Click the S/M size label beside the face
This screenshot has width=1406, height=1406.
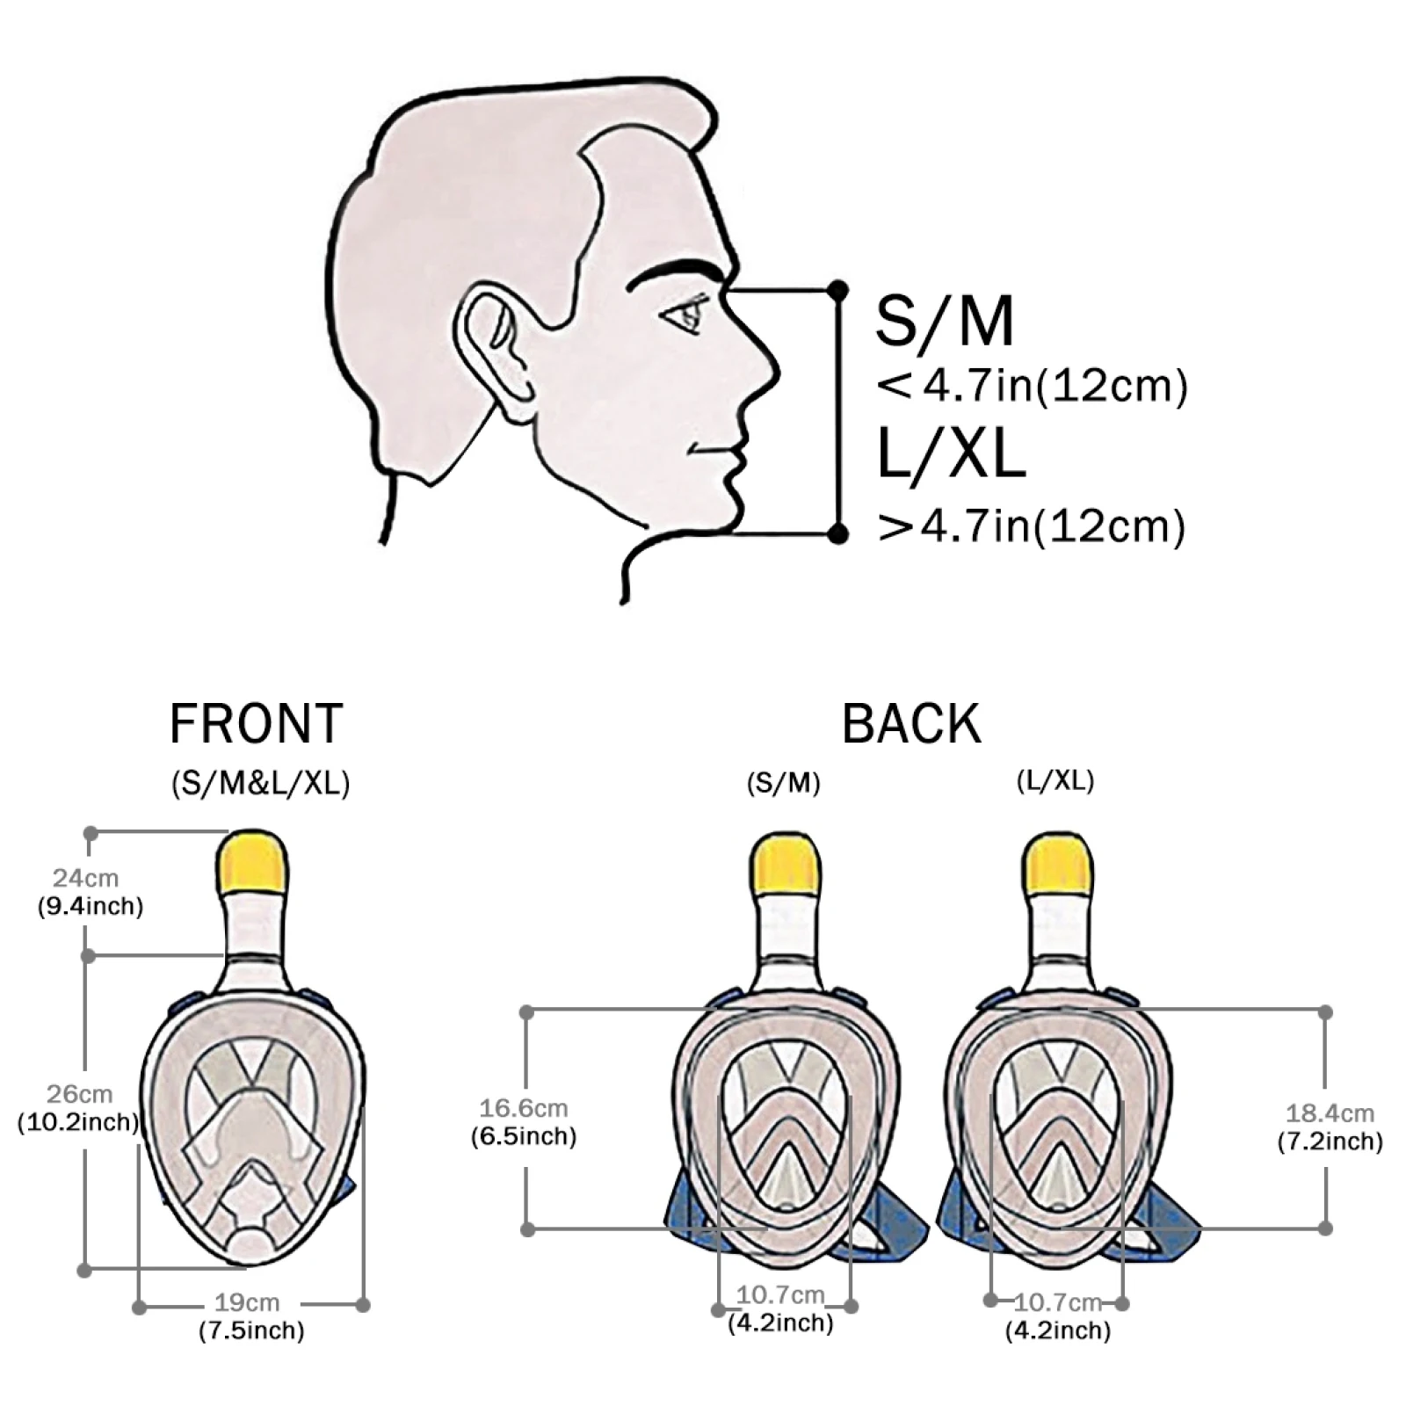point(945,322)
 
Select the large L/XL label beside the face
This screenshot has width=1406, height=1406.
point(951,454)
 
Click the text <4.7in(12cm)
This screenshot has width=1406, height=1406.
point(1032,387)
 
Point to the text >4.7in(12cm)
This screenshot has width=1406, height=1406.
point(1032,526)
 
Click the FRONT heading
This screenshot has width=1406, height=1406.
point(256,724)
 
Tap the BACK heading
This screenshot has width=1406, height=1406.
point(911,724)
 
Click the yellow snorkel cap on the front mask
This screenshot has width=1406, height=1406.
point(253,861)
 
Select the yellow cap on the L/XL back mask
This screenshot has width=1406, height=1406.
point(1058,861)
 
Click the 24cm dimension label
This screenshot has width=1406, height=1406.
point(85,877)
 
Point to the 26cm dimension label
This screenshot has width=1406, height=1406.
point(79,1094)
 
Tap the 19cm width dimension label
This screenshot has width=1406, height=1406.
point(247,1303)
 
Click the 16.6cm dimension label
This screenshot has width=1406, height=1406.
point(523,1109)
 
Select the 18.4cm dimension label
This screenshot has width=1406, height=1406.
point(1330,1114)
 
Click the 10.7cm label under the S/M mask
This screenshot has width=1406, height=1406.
point(780,1295)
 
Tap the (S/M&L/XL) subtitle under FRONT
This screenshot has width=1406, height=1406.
point(260,783)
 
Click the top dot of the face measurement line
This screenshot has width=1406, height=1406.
point(838,289)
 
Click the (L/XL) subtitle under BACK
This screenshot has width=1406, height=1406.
point(1054,780)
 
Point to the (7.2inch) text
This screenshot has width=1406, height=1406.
point(1330,1141)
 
